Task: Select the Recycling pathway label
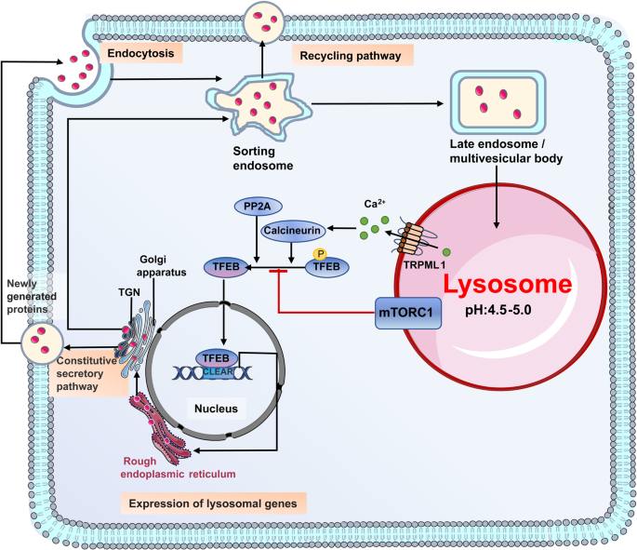click(x=353, y=56)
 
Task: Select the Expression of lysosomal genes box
click(x=215, y=503)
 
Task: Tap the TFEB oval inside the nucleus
click(x=213, y=358)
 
